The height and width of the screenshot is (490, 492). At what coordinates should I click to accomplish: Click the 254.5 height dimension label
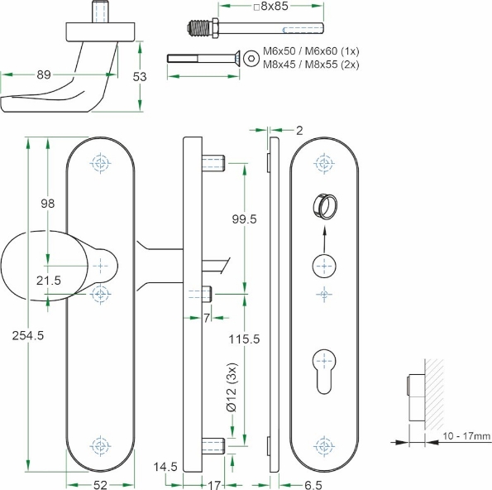pyautogui.click(x=28, y=334)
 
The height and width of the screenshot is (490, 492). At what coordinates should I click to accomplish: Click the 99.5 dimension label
pyautogui.click(x=245, y=219)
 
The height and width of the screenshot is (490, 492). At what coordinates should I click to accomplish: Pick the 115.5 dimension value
pyautogui.click(x=244, y=339)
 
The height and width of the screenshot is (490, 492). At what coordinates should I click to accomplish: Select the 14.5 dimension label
pyautogui.click(x=165, y=468)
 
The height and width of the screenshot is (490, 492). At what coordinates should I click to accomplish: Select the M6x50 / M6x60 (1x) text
pyautogui.click(x=318, y=51)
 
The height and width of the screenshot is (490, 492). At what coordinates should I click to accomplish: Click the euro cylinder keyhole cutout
pyautogui.click(x=324, y=365)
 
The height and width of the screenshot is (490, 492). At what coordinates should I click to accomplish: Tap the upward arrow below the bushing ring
pyautogui.click(x=324, y=239)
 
